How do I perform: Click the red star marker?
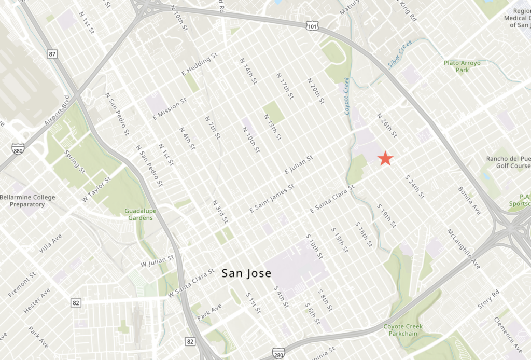pyautogui.click(x=385, y=158)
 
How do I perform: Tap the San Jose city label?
pyautogui.click(x=246, y=273)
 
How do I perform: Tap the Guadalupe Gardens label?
pyautogui.click(x=138, y=214)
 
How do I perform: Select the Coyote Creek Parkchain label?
pyautogui.click(x=403, y=330)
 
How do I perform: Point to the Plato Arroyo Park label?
pyautogui.click(x=462, y=66)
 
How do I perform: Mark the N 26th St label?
pyautogui.click(x=387, y=125)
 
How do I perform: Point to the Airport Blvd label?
pyautogui.click(x=57, y=112)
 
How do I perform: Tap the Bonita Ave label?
pyautogui.click(x=469, y=199)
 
